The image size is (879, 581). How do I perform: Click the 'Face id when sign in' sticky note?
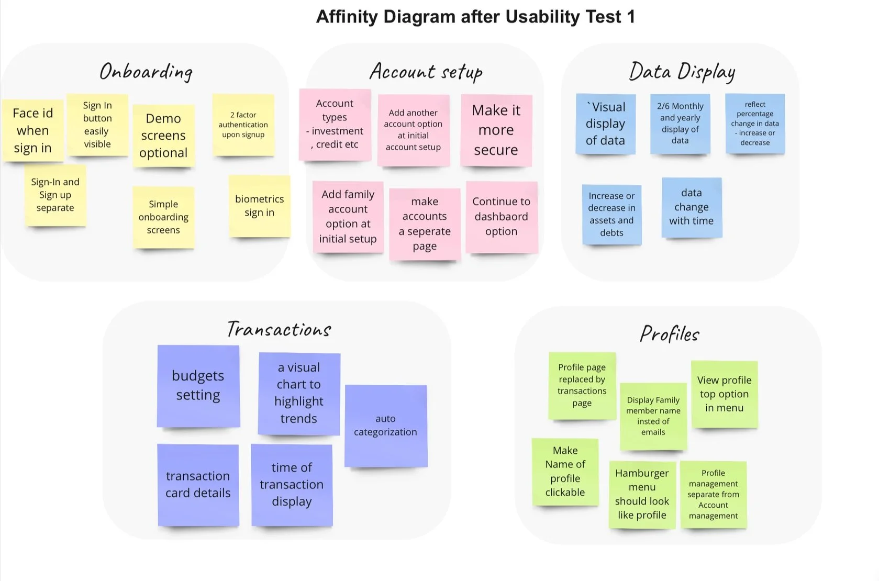click(33, 130)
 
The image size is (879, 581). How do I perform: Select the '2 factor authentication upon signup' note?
click(243, 125)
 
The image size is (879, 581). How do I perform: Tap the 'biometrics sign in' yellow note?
click(260, 206)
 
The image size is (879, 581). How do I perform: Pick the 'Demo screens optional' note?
click(163, 136)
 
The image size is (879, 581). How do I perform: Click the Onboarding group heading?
click(146, 72)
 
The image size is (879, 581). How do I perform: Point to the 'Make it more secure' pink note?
click(496, 130)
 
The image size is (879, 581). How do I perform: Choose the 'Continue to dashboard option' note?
click(502, 217)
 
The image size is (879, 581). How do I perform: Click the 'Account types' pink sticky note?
click(335, 125)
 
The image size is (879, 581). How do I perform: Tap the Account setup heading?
click(426, 72)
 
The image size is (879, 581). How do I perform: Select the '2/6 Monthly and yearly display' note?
click(680, 124)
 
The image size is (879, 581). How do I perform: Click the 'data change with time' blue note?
click(692, 207)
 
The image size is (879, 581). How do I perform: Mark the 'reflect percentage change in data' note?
click(755, 124)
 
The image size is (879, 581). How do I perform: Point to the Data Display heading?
click(682, 72)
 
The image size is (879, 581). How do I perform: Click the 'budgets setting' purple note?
click(198, 386)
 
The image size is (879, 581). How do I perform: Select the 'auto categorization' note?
click(386, 426)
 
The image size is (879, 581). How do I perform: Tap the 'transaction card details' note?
click(198, 485)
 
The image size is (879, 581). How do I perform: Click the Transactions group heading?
click(279, 329)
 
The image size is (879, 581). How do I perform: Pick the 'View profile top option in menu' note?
click(724, 394)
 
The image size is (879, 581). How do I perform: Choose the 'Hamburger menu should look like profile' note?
click(642, 494)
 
